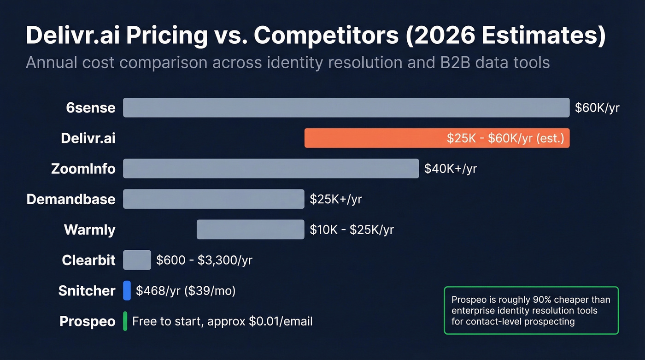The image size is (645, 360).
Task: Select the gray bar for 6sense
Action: click(346, 107)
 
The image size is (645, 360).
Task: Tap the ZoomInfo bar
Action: click(271, 168)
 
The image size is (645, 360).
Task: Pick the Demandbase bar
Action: click(213, 199)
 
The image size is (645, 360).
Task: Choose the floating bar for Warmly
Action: click(250, 230)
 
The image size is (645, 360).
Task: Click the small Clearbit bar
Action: click(137, 260)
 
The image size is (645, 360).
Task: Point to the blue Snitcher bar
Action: click(127, 290)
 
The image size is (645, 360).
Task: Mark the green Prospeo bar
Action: click(125, 321)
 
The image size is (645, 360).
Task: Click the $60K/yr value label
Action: click(597, 108)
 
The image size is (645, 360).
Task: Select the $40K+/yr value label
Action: click(450, 169)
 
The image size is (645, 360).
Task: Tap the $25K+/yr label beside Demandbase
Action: click(335, 199)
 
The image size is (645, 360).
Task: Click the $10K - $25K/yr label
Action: click(352, 230)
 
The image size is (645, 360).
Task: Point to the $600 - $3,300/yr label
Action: click(204, 260)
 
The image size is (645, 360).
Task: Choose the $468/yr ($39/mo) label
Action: click(186, 290)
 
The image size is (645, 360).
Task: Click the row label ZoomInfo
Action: click(83, 169)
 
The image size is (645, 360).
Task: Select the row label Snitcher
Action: click(87, 291)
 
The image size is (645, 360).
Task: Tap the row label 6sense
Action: click(90, 108)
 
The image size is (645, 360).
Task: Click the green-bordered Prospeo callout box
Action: click(531, 310)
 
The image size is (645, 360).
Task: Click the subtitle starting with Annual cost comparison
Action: click(287, 62)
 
